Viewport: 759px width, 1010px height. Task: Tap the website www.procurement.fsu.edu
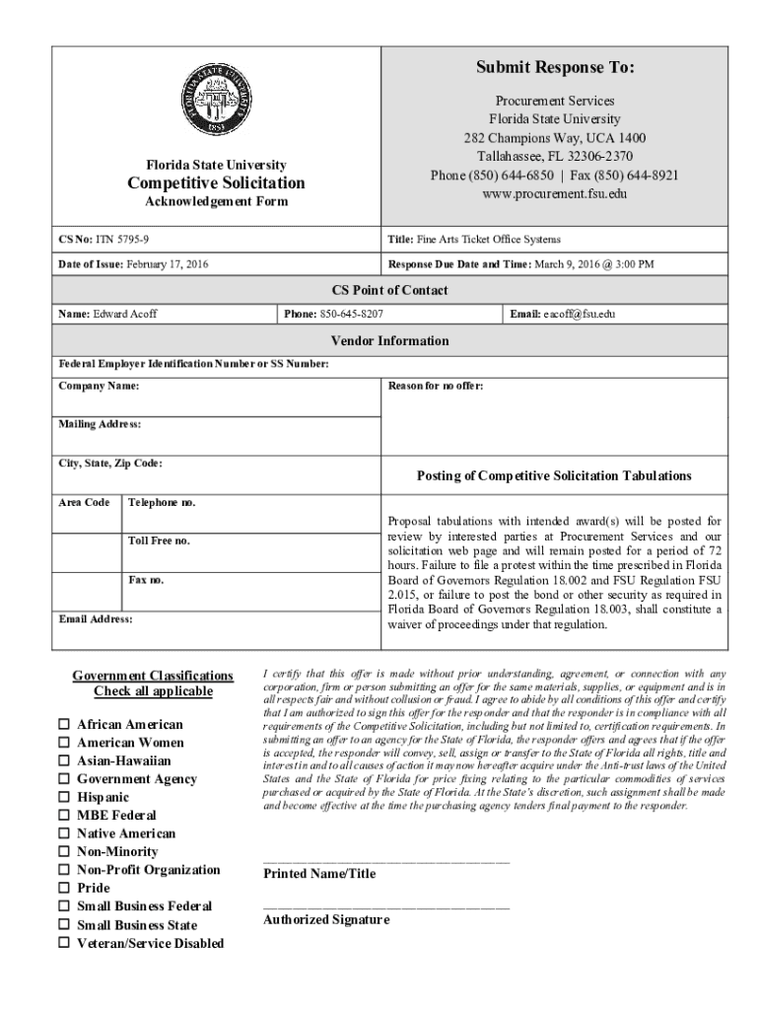pyautogui.click(x=554, y=193)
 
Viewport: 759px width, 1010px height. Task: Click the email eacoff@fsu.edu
pyautogui.click(x=579, y=314)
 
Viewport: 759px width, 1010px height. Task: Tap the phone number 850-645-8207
pyautogui.click(x=352, y=314)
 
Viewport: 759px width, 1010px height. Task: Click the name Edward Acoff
pyautogui.click(x=124, y=314)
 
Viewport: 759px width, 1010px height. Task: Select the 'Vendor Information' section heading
pyautogui.click(x=389, y=340)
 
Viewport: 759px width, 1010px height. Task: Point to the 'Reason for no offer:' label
pyautogui.click(x=436, y=386)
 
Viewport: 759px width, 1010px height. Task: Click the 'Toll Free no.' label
pyautogui.click(x=159, y=541)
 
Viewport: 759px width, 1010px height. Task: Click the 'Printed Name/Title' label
pyautogui.click(x=319, y=874)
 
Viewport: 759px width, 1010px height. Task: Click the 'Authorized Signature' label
pyautogui.click(x=326, y=919)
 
